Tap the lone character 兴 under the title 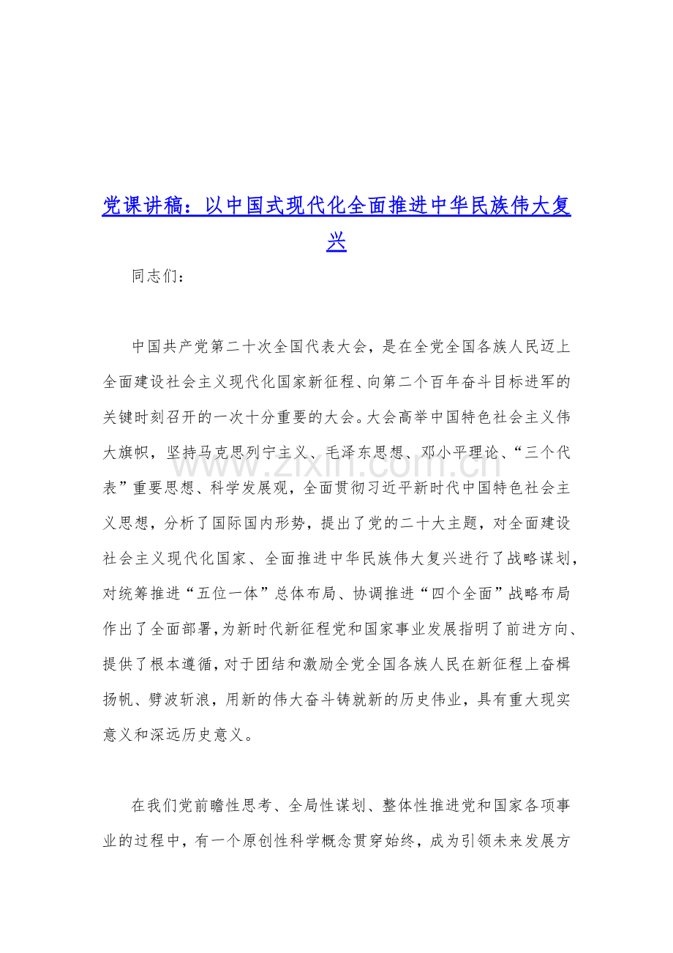pyautogui.click(x=336, y=242)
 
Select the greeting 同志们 pyautogui.click(x=152, y=277)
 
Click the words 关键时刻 pyautogui.click(x=139, y=417)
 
